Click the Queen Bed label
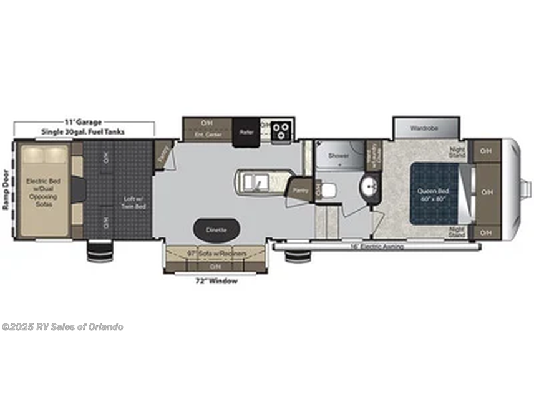pos(434,191)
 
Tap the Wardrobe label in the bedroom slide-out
pos(424,128)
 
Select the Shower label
pos(339,155)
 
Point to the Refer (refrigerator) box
pos(245,132)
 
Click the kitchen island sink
pos(253,183)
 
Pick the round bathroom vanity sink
pos(367,186)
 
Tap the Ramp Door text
pos(5,189)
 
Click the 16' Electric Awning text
pos(376,247)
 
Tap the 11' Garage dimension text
pos(83,122)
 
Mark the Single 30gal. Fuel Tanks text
pos(83,131)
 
